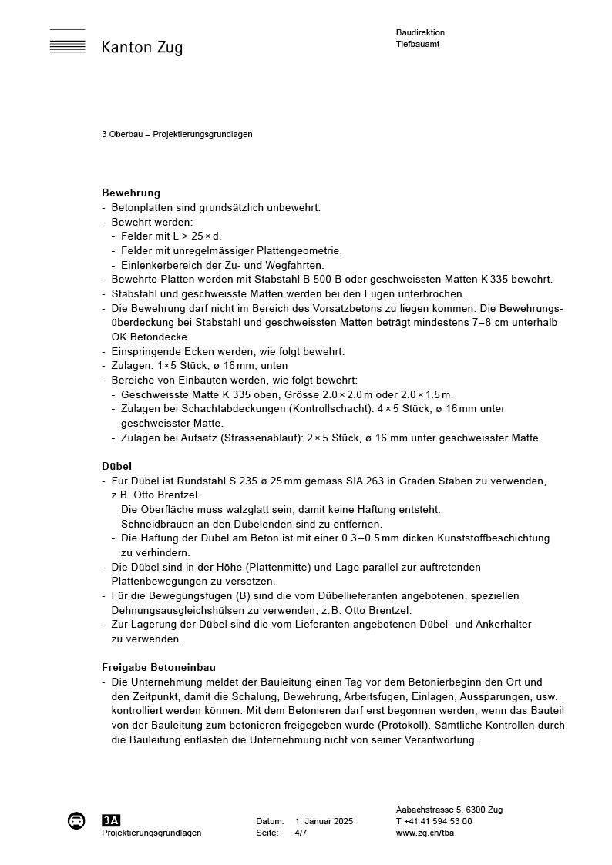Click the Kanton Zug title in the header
coord(142,48)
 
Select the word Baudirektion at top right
coord(420,33)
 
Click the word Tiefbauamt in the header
coord(418,44)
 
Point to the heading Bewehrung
coord(131,193)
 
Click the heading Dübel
coord(116,466)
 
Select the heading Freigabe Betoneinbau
coord(159,667)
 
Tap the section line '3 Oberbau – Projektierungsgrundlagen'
coord(177,134)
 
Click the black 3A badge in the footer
coord(111,820)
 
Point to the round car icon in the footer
coord(76,820)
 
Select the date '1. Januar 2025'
coord(324,822)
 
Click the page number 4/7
coord(301,833)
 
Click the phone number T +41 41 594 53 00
coord(434,822)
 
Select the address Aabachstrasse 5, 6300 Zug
coord(449,810)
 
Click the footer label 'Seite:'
coord(267,833)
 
